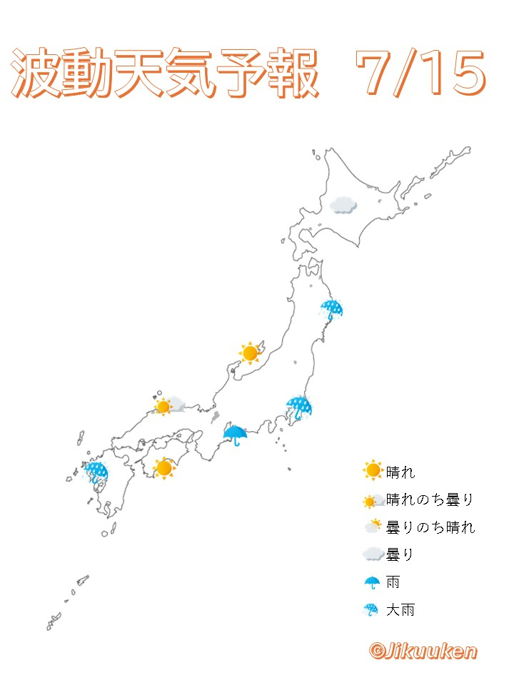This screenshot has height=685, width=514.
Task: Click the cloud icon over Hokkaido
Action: [x=343, y=205]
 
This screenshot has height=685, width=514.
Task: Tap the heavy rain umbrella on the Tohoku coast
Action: [x=331, y=309]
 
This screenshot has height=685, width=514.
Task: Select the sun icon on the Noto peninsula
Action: [x=250, y=352]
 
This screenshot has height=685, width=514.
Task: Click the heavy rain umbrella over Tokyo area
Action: [x=298, y=407]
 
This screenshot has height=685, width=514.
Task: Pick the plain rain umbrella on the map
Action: [x=235, y=433]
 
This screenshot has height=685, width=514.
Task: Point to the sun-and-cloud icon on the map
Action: [x=168, y=406]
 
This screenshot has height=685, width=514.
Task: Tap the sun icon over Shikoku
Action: [x=164, y=468]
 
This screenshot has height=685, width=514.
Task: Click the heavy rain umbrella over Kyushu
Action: [x=96, y=472]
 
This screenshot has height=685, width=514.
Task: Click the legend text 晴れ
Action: [x=400, y=472]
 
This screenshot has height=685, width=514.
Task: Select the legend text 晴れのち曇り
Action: [x=430, y=499]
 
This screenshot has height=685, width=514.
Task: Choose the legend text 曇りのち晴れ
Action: [x=430, y=527]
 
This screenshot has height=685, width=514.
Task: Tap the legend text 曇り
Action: [x=400, y=554]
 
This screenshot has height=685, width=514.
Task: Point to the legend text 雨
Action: [x=393, y=582]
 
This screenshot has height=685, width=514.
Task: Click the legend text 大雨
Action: [x=400, y=610]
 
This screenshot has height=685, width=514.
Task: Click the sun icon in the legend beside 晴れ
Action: [x=373, y=471]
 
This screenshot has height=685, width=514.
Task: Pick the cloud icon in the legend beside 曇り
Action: [x=372, y=554]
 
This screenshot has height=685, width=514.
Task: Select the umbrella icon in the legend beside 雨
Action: [x=372, y=582]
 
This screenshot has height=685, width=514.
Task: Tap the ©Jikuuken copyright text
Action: [x=423, y=650]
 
